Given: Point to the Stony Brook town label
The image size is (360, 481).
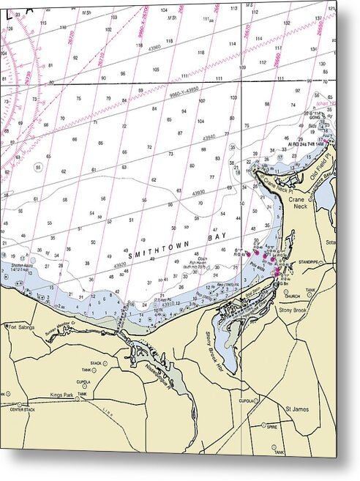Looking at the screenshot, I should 295,310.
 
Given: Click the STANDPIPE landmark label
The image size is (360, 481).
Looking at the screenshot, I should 306,261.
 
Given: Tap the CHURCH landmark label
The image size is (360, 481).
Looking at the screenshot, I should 292,297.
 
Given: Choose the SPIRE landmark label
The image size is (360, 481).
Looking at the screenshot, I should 273,425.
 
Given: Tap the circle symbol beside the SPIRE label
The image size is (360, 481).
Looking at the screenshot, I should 263,425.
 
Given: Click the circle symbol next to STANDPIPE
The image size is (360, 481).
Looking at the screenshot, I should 293,261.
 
